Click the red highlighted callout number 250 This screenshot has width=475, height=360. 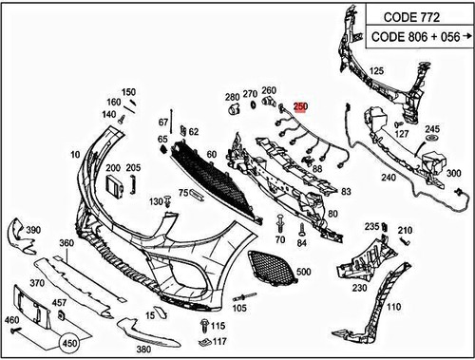(301, 108)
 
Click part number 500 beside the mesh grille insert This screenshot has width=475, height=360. (303, 273)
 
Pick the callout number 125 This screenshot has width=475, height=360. (376, 71)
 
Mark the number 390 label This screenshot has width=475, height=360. (31, 231)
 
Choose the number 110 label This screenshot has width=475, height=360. (394, 307)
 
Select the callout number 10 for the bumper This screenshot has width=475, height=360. (74, 154)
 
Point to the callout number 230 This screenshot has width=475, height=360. (359, 287)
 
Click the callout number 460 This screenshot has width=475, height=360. (11, 321)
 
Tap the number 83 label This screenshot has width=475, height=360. (345, 191)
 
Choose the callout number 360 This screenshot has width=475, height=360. (66, 244)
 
